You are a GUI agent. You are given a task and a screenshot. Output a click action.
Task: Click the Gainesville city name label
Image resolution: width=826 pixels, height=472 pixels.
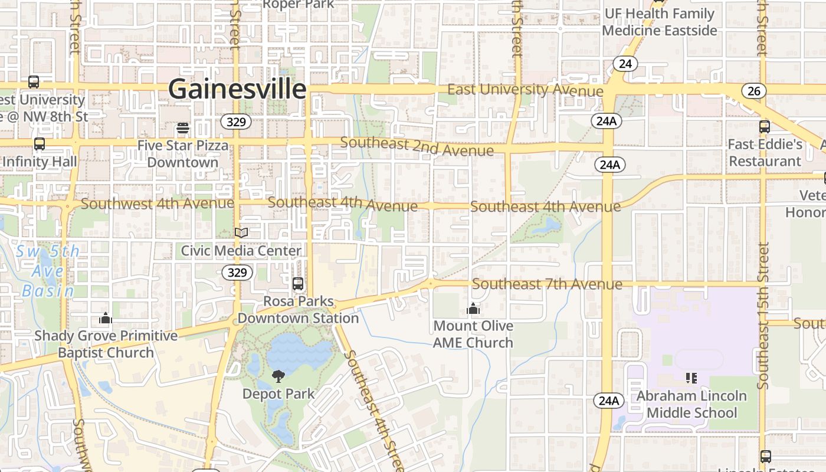point(237,90)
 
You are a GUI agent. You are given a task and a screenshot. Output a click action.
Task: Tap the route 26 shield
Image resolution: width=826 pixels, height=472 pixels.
point(755,91)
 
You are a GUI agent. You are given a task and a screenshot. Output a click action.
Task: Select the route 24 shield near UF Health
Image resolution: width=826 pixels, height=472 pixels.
point(625,63)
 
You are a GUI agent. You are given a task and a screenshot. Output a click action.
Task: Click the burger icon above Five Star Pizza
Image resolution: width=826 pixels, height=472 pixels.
point(183,127)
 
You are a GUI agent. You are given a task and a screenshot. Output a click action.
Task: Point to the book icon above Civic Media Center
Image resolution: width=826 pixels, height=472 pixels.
point(241,232)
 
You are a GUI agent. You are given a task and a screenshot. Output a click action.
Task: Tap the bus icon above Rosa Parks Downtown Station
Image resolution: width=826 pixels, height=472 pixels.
point(298,284)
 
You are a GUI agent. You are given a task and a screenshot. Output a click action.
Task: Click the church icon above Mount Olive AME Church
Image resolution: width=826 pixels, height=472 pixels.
point(473,309)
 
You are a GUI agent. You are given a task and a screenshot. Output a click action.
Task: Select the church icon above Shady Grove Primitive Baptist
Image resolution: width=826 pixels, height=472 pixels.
point(106,319)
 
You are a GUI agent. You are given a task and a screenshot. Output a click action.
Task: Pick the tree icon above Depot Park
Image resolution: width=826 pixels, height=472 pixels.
point(278,376)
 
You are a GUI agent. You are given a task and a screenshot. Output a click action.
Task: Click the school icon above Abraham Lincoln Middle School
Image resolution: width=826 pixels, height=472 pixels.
point(691,378)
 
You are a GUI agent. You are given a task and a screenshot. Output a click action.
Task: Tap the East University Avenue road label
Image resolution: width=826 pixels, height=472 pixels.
point(525,90)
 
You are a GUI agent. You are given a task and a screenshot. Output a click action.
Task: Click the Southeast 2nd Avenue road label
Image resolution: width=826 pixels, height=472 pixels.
point(417,146)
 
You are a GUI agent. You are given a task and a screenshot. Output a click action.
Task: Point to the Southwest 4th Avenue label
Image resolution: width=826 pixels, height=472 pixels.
point(157,204)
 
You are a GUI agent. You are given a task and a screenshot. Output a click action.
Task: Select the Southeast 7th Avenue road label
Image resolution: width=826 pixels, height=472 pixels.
point(547,284)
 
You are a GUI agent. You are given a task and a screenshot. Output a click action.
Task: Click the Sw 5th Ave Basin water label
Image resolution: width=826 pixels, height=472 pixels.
point(47,271)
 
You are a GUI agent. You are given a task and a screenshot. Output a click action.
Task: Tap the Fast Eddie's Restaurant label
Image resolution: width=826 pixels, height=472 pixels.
point(765,153)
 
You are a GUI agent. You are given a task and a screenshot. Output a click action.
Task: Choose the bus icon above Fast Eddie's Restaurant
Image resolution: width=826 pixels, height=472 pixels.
point(765,126)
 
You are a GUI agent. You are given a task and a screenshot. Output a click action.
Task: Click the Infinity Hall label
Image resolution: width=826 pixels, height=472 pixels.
point(40,161)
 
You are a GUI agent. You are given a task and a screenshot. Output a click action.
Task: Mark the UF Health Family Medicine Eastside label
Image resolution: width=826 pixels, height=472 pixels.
point(660,22)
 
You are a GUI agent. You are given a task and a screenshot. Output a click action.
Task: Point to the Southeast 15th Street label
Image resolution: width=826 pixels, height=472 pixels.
point(763,316)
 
